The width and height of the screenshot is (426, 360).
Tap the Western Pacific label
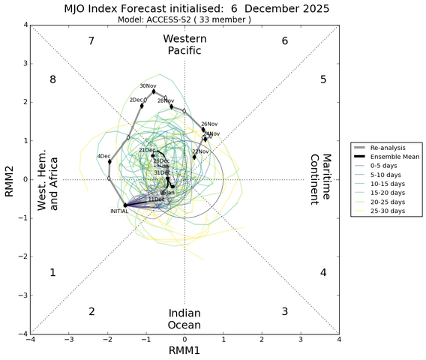[x=184, y=44]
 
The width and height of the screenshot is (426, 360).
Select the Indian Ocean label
[x=184, y=318]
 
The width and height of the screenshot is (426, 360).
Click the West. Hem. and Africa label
[x=48, y=180]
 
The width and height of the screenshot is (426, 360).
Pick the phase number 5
[x=322, y=79]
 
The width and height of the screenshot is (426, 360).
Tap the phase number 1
[x=52, y=273]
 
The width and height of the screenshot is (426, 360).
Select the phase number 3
[x=284, y=311]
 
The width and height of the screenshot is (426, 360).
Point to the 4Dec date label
[x=103, y=156]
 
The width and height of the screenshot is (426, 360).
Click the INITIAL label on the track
[x=119, y=211]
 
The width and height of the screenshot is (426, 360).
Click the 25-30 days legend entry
[x=388, y=211]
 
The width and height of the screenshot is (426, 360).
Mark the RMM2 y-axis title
[x=9, y=180]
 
